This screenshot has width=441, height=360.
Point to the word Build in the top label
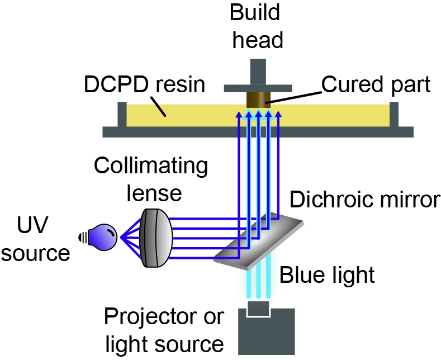click(x=258, y=12)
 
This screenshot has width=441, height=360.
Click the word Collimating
click(x=151, y=166)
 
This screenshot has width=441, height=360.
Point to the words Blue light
click(x=327, y=274)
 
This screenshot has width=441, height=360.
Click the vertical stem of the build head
click(x=258, y=72)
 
